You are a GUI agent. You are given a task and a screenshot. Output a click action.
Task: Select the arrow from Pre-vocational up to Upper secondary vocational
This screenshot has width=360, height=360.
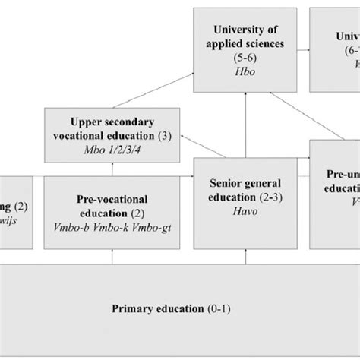(112, 167)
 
